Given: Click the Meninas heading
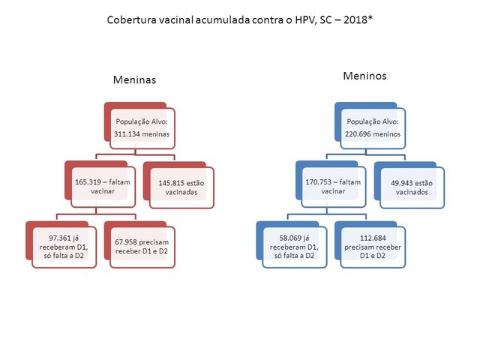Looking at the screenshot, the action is click(134, 80).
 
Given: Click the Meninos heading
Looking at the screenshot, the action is click(364, 76).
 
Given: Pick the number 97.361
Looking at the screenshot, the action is click(59, 238).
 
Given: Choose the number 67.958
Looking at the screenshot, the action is click(125, 242).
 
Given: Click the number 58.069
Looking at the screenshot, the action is click(290, 238).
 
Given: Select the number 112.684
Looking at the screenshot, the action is click(373, 238).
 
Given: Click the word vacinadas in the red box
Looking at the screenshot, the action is click(181, 192).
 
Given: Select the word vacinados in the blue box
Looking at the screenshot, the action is click(412, 192).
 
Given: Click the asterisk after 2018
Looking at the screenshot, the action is click(370, 18).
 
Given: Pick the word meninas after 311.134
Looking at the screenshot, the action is click(155, 134).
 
